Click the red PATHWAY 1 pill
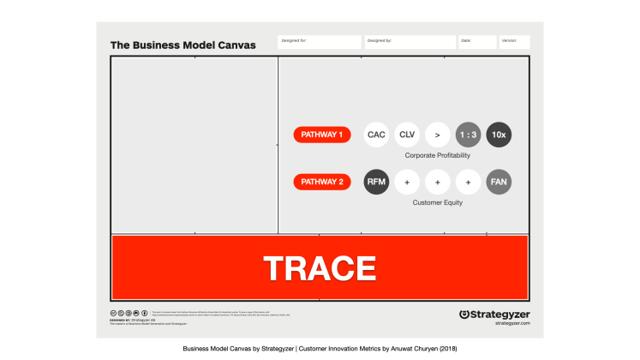click(322, 135)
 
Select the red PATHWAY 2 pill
click(322, 182)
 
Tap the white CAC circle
click(376, 135)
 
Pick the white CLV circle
click(407, 135)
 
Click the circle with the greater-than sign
click(437, 135)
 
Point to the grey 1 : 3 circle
click(468, 135)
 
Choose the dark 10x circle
click(499, 135)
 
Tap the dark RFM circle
click(376, 182)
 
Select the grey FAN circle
click(499, 182)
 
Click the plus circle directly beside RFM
click(407, 182)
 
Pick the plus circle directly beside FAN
click(468, 182)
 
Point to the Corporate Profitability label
click(437, 156)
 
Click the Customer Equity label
click(437, 203)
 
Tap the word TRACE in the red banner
click(319, 267)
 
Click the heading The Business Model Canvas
click(182, 45)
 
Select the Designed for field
click(319, 41)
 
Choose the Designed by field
click(410, 41)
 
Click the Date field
click(477, 41)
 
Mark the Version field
click(515, 41)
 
